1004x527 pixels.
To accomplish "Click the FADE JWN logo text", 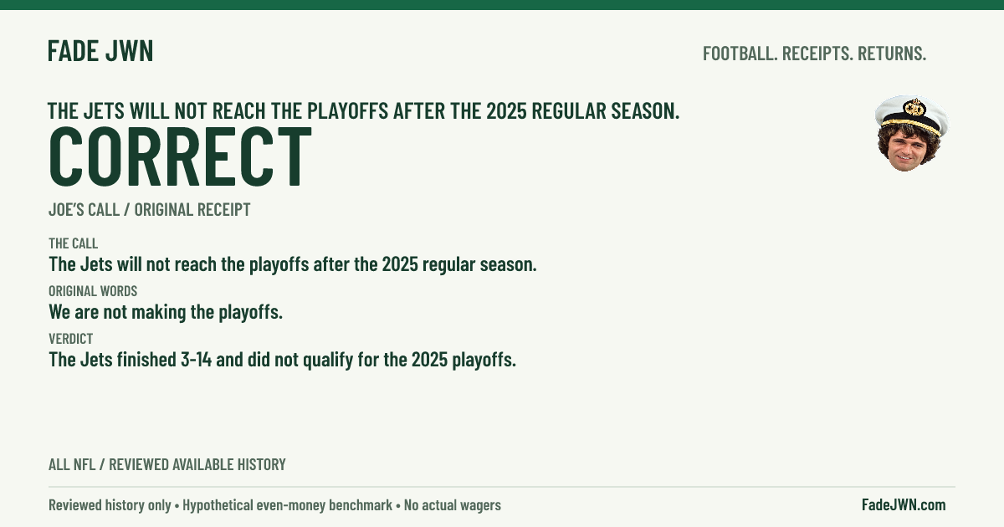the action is [x=100, y=51].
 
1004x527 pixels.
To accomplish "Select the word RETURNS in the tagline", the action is [x=892, y=54].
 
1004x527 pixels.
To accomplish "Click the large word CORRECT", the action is [x=180, y=156].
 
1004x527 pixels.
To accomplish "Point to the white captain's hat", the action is [x=913, y=115].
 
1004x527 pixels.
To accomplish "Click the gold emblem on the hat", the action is [x=914, y=108].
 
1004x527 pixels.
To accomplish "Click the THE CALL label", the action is [x=73, y=243].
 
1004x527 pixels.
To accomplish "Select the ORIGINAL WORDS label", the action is [x=93, y=291].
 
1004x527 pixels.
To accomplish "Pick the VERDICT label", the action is [x=71, y=339].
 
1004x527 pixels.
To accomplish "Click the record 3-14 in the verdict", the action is [x=196, y=360].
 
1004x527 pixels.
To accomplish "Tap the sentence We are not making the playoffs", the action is [x=166, y=312].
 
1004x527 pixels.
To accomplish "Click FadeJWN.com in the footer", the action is [x=904, y=505].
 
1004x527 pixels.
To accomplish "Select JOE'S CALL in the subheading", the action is [x=84, y=210].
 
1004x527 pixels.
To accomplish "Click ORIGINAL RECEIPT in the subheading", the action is [x=192, y=210].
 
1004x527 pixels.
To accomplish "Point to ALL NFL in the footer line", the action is [x=72, y=465].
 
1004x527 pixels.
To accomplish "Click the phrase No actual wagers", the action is [x=453, y=505].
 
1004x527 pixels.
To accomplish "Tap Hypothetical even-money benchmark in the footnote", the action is [x=287, y=505].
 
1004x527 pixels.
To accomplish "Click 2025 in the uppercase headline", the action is [x=506, y=111].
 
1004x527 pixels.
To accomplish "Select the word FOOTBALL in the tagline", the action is [x=740, y=54].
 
